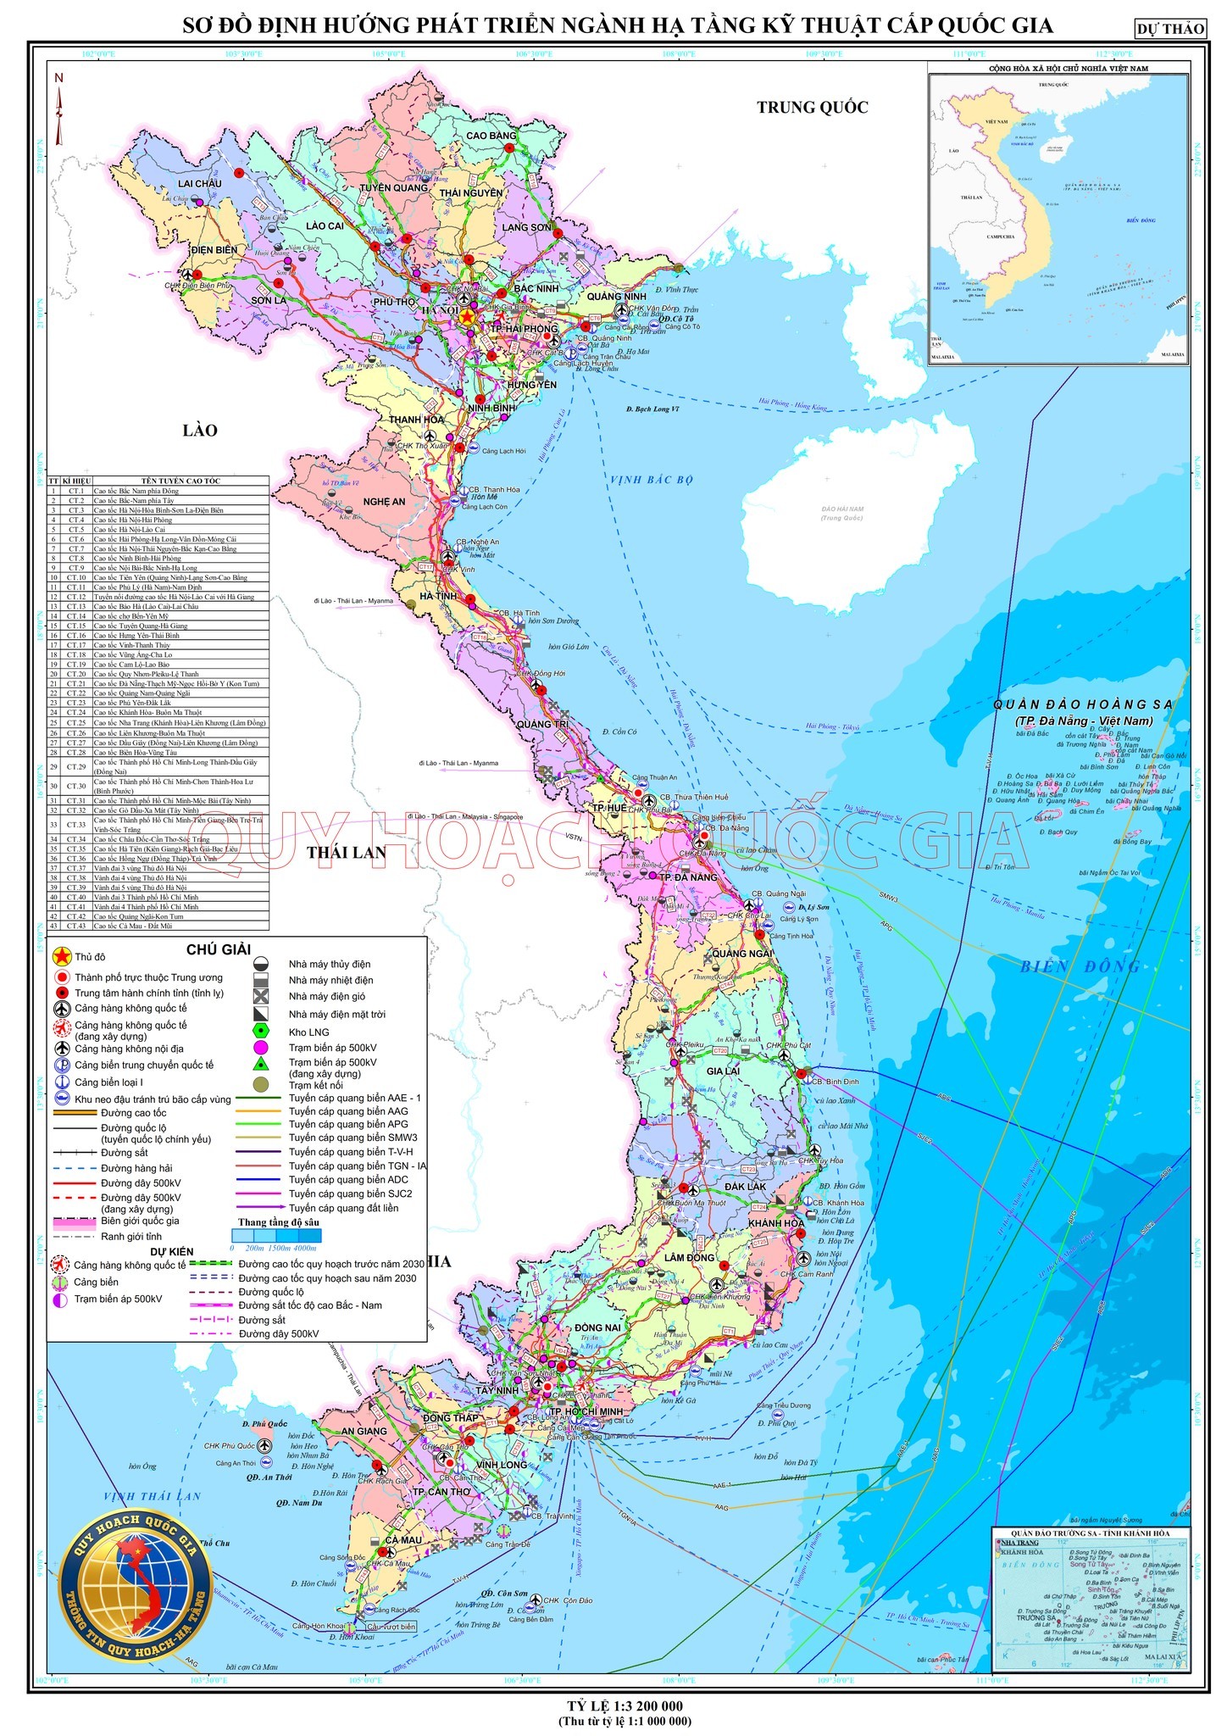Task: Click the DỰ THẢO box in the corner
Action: (x=1171, y=29)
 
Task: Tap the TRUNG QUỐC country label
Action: (x=812, y=107)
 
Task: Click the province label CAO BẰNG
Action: (x=491, y=136)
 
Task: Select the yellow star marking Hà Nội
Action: (x=467, y=311)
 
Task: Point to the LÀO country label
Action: (x=200, y=430)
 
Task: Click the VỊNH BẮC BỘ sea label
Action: (x=651, y=480)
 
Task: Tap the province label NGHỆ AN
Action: (x=384, y=502)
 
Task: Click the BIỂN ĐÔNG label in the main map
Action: (x=1080, y=966)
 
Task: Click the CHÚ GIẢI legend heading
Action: (x=219, y=949)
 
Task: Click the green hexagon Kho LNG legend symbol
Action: (x=262, y=1032)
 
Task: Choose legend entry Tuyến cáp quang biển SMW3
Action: (x=353, y=1138)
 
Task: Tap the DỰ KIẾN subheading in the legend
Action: (x=172, y=1251)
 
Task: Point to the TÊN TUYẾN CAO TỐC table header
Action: (x=180, y=481)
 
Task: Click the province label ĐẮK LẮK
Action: (x=745, y=1186)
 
